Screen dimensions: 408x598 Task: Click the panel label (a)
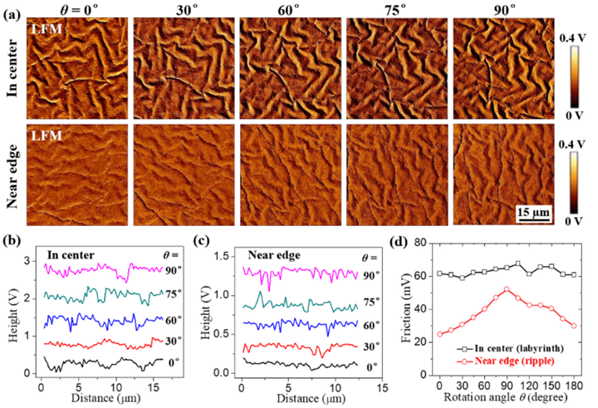[x=12, y=11]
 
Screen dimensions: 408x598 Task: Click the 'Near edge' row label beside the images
[x=12, y=174]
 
